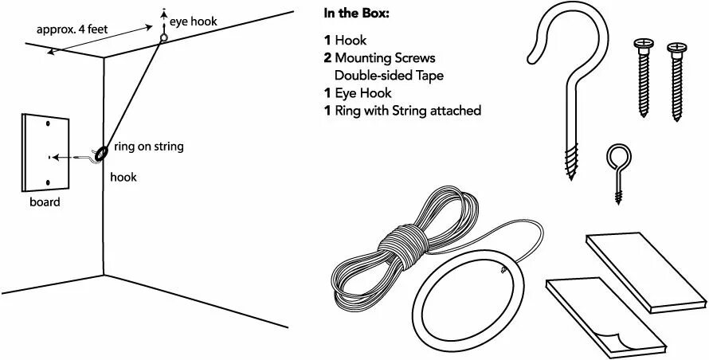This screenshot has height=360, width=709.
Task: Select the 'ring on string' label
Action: point(149,146)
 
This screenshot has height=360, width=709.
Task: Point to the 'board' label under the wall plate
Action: point(40,202)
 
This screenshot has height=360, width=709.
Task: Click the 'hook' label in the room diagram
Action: point(123,177)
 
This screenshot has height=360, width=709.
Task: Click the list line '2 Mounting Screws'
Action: point(379,58)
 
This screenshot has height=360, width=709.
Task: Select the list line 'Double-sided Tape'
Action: point(389,76)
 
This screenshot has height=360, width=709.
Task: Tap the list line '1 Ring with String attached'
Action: point(402,111)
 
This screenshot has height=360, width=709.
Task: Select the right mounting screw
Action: point(676,80)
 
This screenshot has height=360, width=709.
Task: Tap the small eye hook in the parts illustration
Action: point(617,167)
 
